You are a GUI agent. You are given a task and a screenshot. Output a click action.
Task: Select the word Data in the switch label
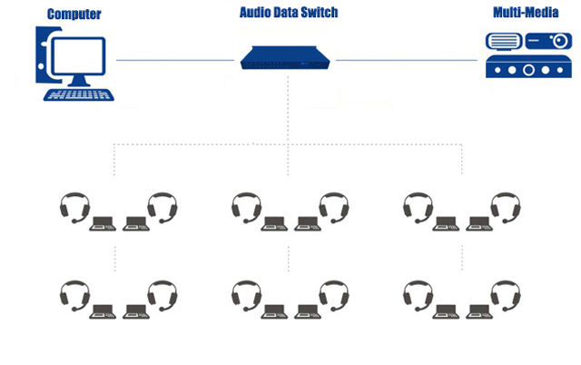coord(287,13)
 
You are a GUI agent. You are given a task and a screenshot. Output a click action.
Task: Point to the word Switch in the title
coord(319,13)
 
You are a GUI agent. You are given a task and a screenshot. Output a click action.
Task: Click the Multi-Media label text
coord(525,13)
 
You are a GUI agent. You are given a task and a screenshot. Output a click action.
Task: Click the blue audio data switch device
coord(288,57)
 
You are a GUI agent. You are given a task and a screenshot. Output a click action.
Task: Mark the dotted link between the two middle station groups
coord(288,258)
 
